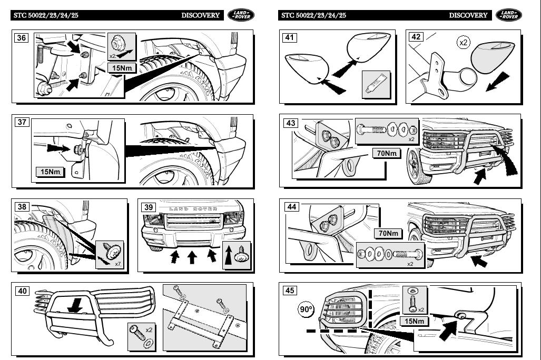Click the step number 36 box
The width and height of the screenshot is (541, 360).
[22, 38]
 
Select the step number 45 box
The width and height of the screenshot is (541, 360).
[290, 291]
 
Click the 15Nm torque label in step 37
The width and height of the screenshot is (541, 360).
[51, 172]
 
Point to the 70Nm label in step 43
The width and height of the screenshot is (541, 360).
[387, 154]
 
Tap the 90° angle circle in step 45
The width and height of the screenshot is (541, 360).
[306, 310]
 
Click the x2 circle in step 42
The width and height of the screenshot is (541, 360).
[463, 43]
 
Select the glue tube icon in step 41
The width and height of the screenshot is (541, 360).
[375, 84]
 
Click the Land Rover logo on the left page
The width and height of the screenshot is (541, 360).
[240, 15]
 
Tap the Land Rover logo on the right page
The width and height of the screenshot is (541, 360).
[508, 15]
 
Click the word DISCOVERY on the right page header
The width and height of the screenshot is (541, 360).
[468, 15]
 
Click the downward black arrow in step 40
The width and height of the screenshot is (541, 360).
[77, 305]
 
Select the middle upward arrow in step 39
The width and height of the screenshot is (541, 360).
[192, 257]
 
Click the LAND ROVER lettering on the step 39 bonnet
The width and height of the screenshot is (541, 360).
[193, 209]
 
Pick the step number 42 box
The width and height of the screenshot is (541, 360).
[416, 37]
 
